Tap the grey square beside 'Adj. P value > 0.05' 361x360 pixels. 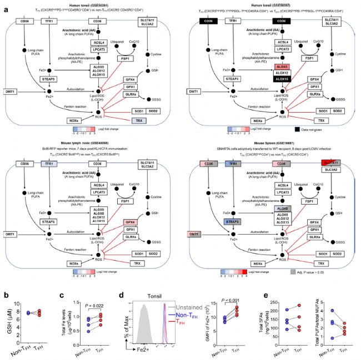click(x=293, y=272)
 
